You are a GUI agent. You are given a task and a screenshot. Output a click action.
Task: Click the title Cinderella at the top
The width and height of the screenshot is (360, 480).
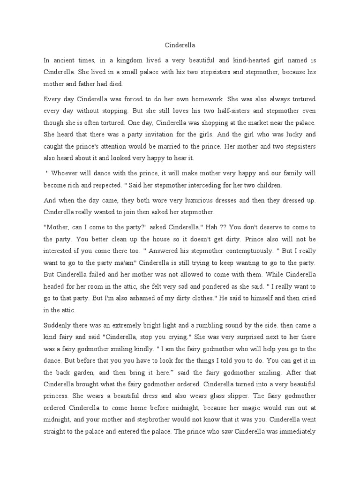click(x=180, y=45)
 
